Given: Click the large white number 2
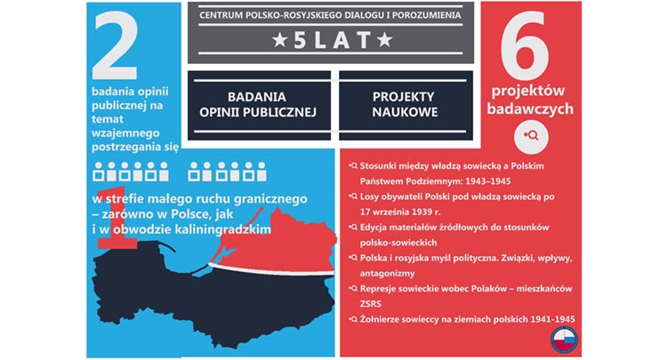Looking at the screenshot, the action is [x=116, y=48].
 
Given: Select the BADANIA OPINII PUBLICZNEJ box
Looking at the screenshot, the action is [x=259, y=105].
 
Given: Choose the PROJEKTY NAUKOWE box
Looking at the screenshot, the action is [x=406, y=105].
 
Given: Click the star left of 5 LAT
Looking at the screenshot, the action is [x=279, y=40].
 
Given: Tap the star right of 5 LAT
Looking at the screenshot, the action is [x=384, y=40].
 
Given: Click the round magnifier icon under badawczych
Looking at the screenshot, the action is [x=531, y=136].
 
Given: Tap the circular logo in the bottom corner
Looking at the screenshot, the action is [x=564, y=340].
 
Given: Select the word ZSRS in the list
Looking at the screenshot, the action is [x=371, y=304].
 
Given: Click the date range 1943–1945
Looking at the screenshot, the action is [x=488, y=181].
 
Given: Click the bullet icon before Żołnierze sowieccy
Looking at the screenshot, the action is [x=353, y=319].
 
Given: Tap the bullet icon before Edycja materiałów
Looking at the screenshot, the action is [x=353, y=228].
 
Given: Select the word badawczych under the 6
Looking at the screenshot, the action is [x=530, y=109].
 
